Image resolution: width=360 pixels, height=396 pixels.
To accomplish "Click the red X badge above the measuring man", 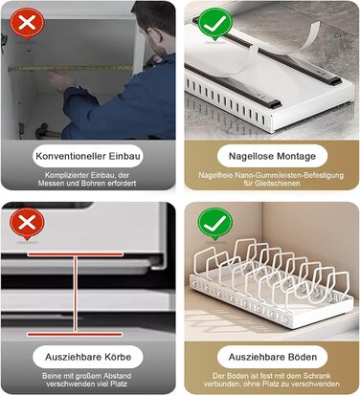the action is coord(27,24).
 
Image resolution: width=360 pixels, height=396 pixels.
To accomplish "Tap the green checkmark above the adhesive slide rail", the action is coord(214,24).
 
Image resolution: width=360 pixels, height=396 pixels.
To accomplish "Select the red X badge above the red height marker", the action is coord(27,224).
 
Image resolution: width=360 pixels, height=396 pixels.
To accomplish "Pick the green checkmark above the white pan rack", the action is coord(214,223).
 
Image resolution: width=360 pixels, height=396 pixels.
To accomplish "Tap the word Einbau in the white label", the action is coord(124,156).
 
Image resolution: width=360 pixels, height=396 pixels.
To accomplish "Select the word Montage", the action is coord(297,157).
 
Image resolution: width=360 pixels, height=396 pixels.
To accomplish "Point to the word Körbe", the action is coord(117,357).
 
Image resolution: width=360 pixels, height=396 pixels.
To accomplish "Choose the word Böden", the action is coord(302,357).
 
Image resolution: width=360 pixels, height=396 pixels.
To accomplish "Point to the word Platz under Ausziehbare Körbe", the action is coord(120,384).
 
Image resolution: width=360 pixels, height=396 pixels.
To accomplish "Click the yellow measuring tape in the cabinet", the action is coord(70,68).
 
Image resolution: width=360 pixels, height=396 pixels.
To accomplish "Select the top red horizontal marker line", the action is coord(76,254).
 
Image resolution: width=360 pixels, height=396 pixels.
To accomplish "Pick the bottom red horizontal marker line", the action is coord(75,334).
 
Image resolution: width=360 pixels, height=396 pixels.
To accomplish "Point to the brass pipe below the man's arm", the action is coord(48,131).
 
